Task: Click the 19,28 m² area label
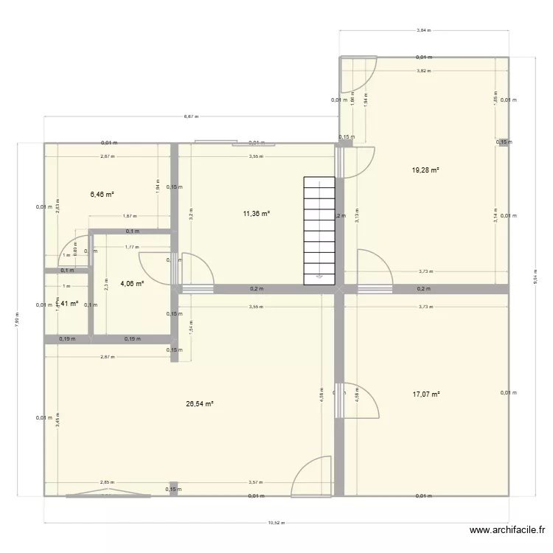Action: coord(425,170)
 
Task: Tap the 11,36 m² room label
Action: coord(257,214)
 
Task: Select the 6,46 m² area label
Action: coord(102,195)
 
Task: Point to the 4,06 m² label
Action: coord(131,283)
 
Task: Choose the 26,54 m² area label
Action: coord(200,404)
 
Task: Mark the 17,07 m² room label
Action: coord(425,394)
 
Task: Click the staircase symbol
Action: coord(320,230)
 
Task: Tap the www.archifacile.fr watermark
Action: coord(507,529)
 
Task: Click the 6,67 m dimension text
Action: coord(190,116)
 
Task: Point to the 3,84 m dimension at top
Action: coord(423,31)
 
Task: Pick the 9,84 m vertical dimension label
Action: coord(535,279)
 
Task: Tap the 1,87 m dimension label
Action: coord(130,216)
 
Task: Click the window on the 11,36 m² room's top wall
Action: coord(215,142)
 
